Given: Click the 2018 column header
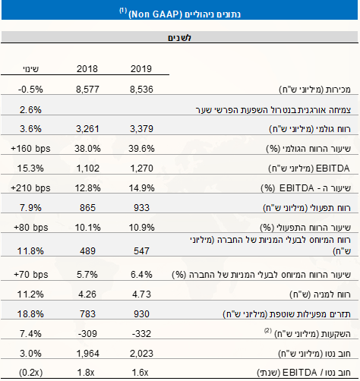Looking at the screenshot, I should pyautogui.click(x=87, y=69).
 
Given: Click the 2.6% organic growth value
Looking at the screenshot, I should pyautogui.click(x=27, y=108).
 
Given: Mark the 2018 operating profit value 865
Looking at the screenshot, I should pyautogui.click(x=87, y=206).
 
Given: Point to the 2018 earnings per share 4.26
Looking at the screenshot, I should pyautogui.click(x=87, y=291).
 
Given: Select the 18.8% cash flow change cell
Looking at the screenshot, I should pyautogui.click(x=27, y=311).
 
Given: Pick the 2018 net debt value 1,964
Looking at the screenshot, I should pyautogui.click(x=87, y=351).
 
